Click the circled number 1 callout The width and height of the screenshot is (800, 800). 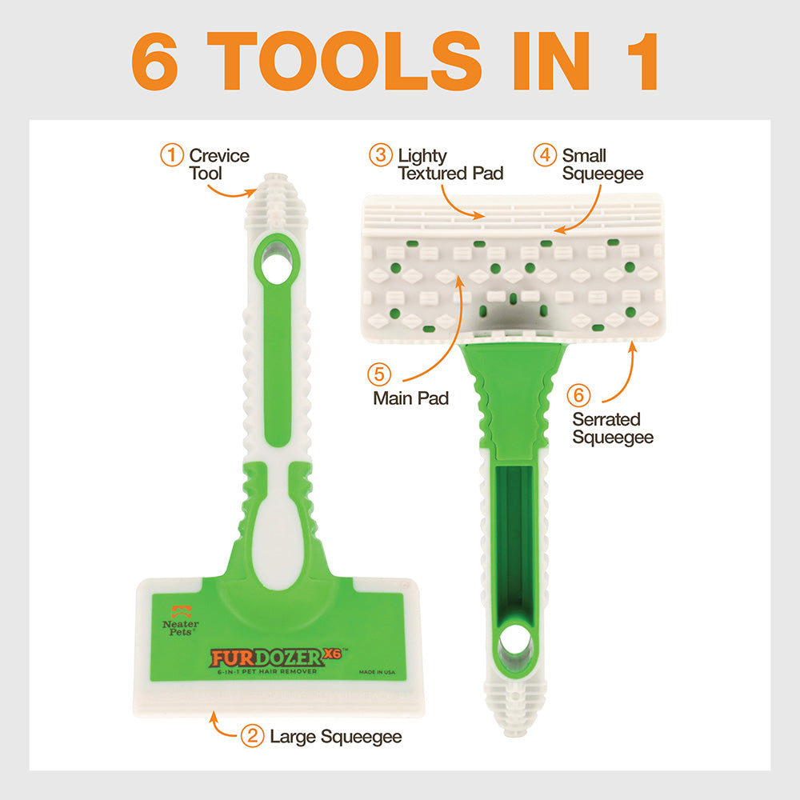tap(172, 155)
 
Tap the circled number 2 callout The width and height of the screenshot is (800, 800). tap(252, 736)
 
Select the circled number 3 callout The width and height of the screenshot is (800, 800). tap(381, 155)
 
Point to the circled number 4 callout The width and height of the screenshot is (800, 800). tap(544, 155)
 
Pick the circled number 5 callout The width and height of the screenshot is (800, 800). tap(379, 374)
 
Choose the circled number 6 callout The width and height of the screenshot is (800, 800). tap(578, 395)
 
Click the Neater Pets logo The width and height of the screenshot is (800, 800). tap(181, 621)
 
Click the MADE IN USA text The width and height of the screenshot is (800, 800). tap(377, 672)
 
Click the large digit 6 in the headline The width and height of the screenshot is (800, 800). tap(154, 61)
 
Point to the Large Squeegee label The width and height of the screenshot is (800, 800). tap(336, 737)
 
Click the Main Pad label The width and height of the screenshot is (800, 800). tap(410, 398)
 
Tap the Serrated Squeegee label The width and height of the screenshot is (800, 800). tap(613, 429)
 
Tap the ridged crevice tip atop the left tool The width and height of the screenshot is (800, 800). tap(276, 202)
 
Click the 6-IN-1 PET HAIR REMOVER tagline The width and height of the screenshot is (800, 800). tap(267, 672)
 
